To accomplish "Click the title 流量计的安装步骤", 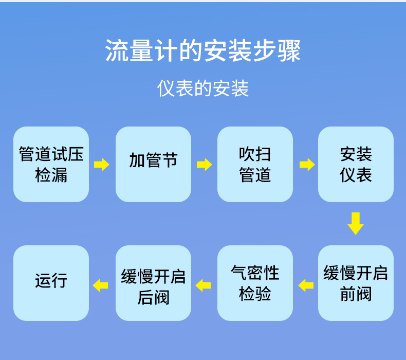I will (x=203, y=51).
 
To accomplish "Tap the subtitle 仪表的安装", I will (x=203, y=88).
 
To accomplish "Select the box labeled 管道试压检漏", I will (x=51, y=164).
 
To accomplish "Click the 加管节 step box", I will (x=153, y=164).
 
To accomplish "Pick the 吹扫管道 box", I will (x=255, y=164).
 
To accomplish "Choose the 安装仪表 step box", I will (x=356, y=164).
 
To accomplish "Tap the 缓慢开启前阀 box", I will (x=356, y=283).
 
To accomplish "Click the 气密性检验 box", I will (x=255, y=283).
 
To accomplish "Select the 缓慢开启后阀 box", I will (x=153, y=283).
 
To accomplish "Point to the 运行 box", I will (x=51, y=283).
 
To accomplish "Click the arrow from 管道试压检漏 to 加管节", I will (x=102, y=165).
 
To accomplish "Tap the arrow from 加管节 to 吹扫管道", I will (x=204, y=165).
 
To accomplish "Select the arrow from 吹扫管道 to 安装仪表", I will (x=307, y=165).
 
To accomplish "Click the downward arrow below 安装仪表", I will (x=356, y=223).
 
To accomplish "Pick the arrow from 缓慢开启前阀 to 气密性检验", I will (x=306, y=285).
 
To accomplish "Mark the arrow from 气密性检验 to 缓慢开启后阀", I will (x=204, y=285).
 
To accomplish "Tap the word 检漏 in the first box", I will (x=51, y=175).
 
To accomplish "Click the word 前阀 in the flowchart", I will (x=356, y=294).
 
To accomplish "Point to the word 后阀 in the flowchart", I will (x=153, y=297).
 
